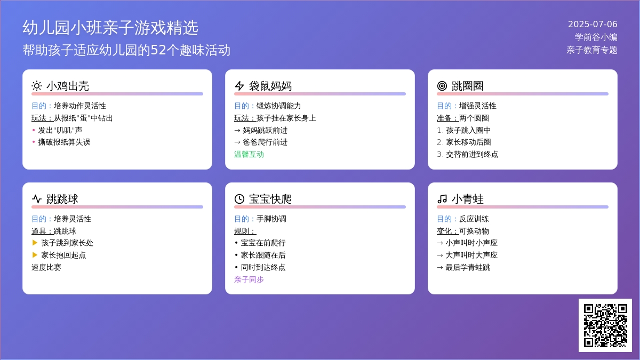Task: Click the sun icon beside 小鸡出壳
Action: (37, 86)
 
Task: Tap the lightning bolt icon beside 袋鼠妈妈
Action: (239, 86)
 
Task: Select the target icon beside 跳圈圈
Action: (442, 86)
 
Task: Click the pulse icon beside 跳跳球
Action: (37, 199)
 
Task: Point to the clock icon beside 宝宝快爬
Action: (239, 199)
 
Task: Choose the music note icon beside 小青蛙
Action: (442, 199)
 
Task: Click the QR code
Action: (605, 325)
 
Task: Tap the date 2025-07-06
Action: (593, 25)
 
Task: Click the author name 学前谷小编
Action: (596, 37)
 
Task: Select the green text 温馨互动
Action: (249, 155)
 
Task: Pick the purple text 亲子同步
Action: (249, 279)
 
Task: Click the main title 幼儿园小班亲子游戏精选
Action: (110, 28)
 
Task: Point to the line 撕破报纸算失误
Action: (65, 142)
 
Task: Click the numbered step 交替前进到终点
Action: (472, 155)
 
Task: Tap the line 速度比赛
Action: (46, 267)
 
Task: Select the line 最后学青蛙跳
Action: (468, 267)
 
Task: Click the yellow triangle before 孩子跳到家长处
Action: (35, 243)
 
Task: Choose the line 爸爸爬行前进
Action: (265, 142)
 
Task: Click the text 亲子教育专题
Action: (591, 50)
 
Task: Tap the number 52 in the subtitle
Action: (158, 50)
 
